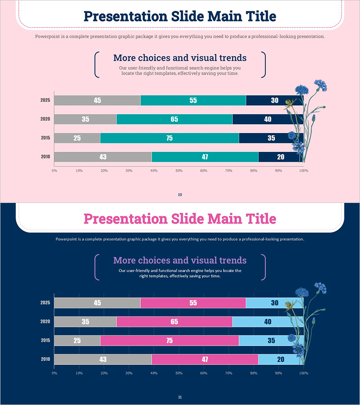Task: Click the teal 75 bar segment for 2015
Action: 169,138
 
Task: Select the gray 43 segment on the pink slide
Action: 103,157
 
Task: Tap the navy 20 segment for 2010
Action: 280,157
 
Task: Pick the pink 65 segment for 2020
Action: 174,322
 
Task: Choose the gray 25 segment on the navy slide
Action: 77,341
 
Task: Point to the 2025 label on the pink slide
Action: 45,100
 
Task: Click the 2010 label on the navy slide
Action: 45,360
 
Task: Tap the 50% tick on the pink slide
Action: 179,171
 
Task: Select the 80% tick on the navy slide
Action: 254,373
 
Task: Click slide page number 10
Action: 180,195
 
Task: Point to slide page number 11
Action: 180,397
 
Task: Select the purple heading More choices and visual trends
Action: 180,261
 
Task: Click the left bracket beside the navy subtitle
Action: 96,65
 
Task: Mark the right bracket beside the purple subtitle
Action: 264,267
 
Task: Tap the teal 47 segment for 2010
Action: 205,157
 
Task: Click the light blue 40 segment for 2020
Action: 268,322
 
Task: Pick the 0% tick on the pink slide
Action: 54,171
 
